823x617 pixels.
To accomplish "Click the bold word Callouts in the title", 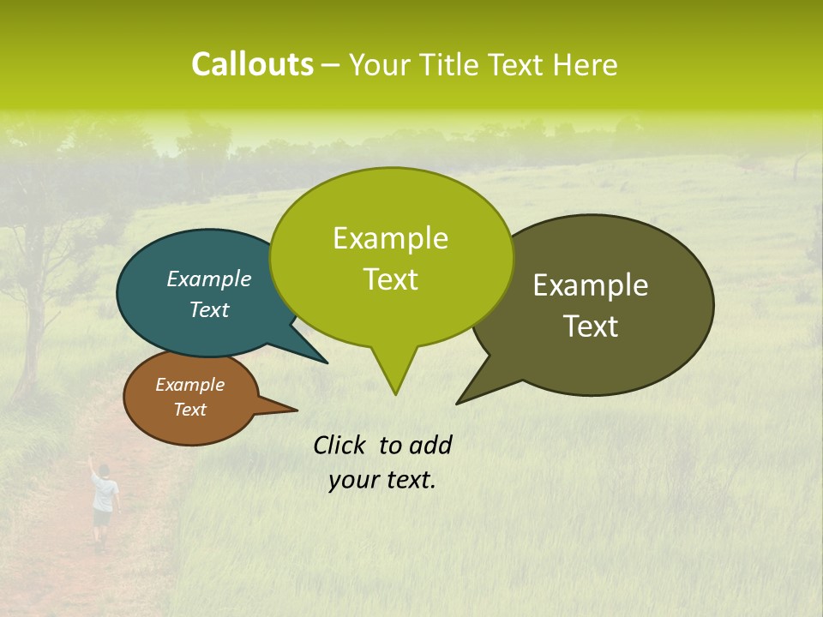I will coord(252,64).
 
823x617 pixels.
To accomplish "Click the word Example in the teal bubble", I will coord(209,279).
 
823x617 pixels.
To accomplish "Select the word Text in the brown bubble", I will coord(190,410).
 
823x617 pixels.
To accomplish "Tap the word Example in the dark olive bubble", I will coord(591,285).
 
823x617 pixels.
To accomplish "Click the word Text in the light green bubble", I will coord(391,279).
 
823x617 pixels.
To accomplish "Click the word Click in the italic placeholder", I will coord(341,445).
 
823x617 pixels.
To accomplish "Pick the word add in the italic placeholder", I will coord(430,445).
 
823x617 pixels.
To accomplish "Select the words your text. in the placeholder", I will coord(382,480).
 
